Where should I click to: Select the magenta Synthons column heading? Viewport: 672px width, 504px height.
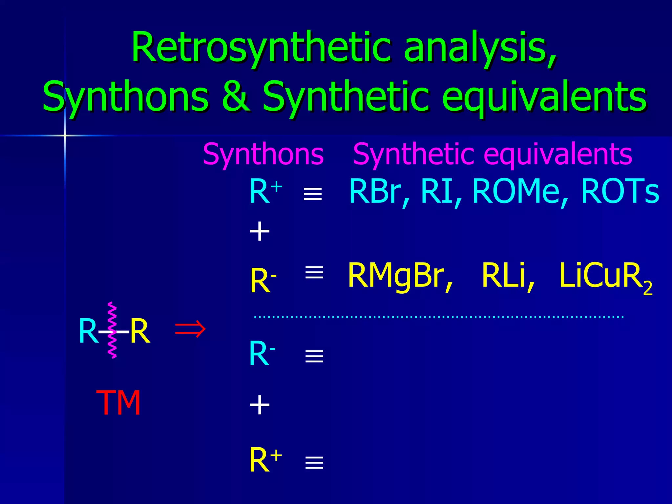point(263,154)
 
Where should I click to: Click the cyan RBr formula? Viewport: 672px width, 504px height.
point(375,192)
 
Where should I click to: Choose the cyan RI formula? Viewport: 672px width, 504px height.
point(437,192)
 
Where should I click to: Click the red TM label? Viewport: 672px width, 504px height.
point(118,403)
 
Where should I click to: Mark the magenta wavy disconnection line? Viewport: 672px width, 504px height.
point(112,330)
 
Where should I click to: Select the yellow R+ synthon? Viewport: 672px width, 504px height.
point(265,460)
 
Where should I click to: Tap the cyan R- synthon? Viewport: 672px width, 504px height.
point(262,354)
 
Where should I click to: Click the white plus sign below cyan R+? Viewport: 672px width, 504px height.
point(260,231)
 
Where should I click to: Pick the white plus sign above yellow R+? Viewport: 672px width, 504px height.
point(260,405)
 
